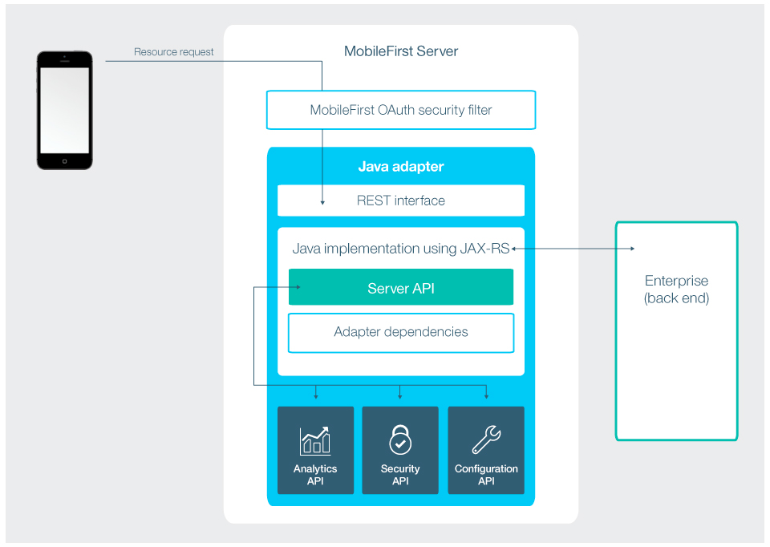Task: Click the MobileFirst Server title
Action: [x=401, y=51]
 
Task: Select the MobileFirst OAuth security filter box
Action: [x=401, y=110]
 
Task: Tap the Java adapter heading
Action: [x=401, y=167]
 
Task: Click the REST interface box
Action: [x=401, y=201]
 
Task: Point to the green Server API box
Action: [x=401, y=288]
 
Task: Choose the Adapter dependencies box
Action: [x=401, y=332]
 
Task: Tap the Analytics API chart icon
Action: [x=315, y=440]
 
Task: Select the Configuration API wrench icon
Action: [x=486, y=440]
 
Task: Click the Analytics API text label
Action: [x=315, y=475]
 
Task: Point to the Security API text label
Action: [x=400, y=475]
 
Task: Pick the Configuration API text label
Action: [x=486, y=475]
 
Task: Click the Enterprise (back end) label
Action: [x=676, y=290]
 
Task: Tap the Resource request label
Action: [x=174, y=52]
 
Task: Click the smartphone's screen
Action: [x=65, y=109]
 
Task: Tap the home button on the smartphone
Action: [x=65, y=160]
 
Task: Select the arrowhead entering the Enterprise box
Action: [x=632, y=249]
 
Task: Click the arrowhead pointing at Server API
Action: [x=298, y=287]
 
